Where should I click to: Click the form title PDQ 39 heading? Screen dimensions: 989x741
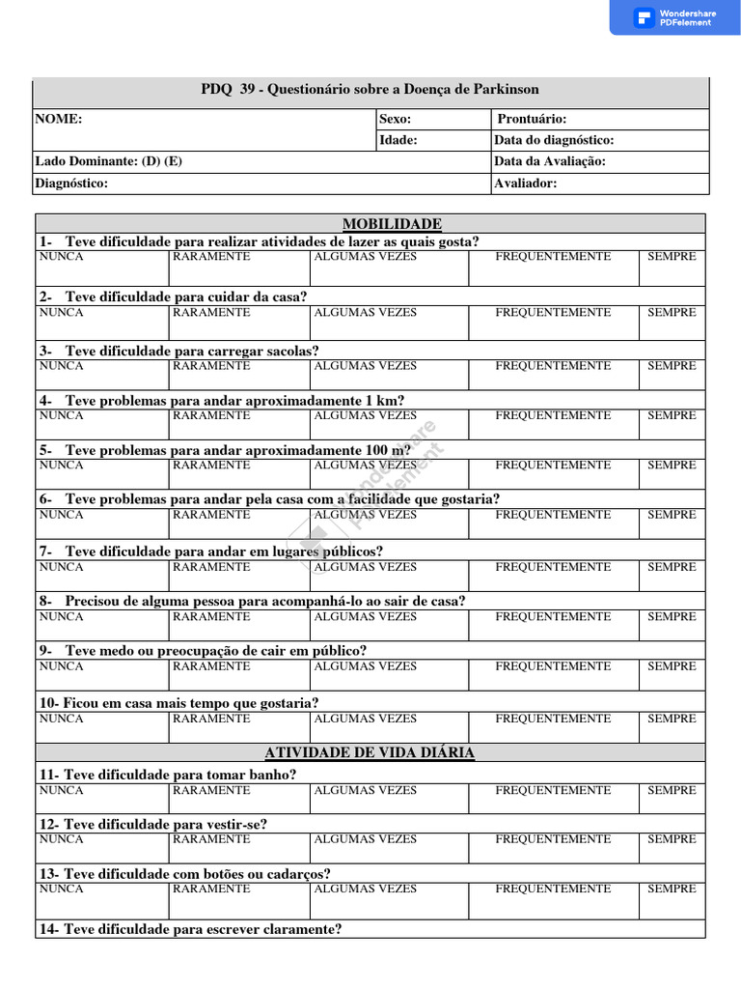pos(370,89)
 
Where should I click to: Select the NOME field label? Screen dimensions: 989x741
pos(59,119)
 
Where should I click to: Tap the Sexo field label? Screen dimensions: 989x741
pos(396,119)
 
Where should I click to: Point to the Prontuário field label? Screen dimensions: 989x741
pos(532,119)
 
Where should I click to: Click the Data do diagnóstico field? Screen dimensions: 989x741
pos(554,140)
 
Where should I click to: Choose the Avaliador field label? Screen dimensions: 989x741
pos(526,183)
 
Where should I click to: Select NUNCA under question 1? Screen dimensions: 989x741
pos(61,257)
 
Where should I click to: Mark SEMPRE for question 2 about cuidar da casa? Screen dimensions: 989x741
pos(672,313)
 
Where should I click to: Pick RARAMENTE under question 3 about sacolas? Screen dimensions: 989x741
pos(211,366)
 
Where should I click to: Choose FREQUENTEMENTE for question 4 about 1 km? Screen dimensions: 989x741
pos(553,415)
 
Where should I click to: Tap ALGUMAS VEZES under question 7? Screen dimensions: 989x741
pos(366,567)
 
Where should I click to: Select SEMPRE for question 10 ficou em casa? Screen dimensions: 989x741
pos(672,719)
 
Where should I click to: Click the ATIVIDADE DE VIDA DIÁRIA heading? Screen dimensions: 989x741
pos(370,752)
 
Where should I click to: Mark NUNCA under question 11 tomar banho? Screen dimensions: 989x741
pos(61,790)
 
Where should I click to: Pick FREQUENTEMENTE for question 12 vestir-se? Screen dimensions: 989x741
pos(553,839)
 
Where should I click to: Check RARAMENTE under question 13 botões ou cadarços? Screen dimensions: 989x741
pos(211,889)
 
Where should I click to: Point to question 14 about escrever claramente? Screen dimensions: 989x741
pos(190,929)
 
